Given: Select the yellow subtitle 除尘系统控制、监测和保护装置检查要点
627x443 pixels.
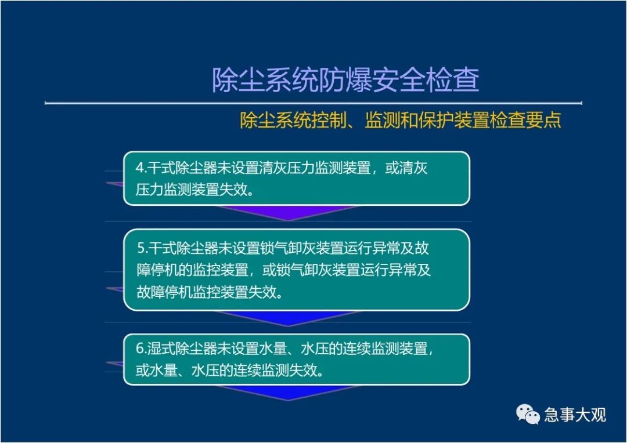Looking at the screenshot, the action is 400,120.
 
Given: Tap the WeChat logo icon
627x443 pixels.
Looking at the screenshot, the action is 528,414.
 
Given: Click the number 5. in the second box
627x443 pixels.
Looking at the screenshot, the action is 143,249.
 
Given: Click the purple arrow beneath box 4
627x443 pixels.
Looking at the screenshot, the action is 288,212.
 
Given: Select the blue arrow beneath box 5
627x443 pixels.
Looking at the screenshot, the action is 288,318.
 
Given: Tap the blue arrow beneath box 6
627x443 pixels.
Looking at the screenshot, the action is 288,393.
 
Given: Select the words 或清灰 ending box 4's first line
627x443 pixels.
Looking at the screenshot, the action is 406,168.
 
